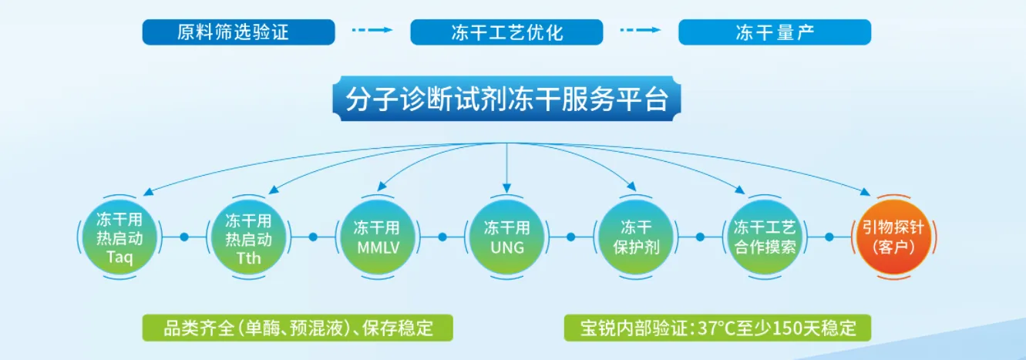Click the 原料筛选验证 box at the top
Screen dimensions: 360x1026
[x=238, y=32]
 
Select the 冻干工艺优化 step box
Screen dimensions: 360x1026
[x=506, y=32]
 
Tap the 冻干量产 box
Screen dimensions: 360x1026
[x=774, y=32]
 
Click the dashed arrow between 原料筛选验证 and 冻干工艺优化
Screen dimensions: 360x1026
[x=372, y=31]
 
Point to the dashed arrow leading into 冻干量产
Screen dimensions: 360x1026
[x=640, y=31]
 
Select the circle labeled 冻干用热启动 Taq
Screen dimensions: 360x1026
[x=119, y=237]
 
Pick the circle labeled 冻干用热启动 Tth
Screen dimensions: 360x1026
[x=248, y=237]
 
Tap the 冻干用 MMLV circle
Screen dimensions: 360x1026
[x=377, y=237]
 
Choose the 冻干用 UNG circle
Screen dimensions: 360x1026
[x=506, y=237]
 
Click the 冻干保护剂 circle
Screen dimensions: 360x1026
[x=636, y=237]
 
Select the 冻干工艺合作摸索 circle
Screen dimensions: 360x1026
[x=765, y=237]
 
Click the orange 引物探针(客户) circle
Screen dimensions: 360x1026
[x=894, y=237]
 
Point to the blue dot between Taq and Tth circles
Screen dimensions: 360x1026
[x=184, y=237]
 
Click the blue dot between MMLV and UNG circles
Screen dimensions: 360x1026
[x=442, y=237]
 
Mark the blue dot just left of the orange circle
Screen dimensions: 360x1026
[x=829, y=237]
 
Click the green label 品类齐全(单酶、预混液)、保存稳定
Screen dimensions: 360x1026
[x=298, y=328]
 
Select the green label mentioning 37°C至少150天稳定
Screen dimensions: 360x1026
[x=717, y=328]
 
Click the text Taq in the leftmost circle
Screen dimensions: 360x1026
[x=119, y=257]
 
